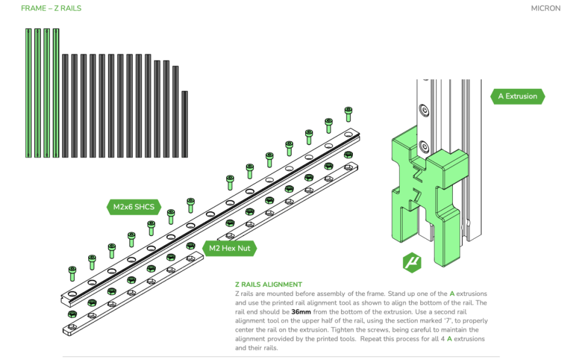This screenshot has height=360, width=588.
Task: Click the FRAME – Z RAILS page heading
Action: (x=51, y=9)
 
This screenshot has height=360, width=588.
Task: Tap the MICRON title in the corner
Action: (x=545, y=9)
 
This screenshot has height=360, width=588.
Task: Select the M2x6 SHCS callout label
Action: (x=134, y=206)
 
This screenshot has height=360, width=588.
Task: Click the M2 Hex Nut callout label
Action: (x=229, y=248)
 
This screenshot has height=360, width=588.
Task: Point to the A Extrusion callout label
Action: (x=517, y=96)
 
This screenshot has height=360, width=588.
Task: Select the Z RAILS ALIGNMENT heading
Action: (x=268, y=285)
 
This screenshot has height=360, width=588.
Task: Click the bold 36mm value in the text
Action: (x=301, y=312)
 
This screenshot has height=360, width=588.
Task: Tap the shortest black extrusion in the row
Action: (x=185, y=124)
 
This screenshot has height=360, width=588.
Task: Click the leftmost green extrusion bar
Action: (x=28, y=93)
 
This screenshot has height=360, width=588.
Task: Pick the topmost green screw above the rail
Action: (x=348, y=112)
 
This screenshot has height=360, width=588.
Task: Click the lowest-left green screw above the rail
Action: (x=72, y=273)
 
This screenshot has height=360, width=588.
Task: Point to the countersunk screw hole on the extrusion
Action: (x=423, y=110)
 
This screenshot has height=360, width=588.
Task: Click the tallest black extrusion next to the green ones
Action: (x=65, y=106)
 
